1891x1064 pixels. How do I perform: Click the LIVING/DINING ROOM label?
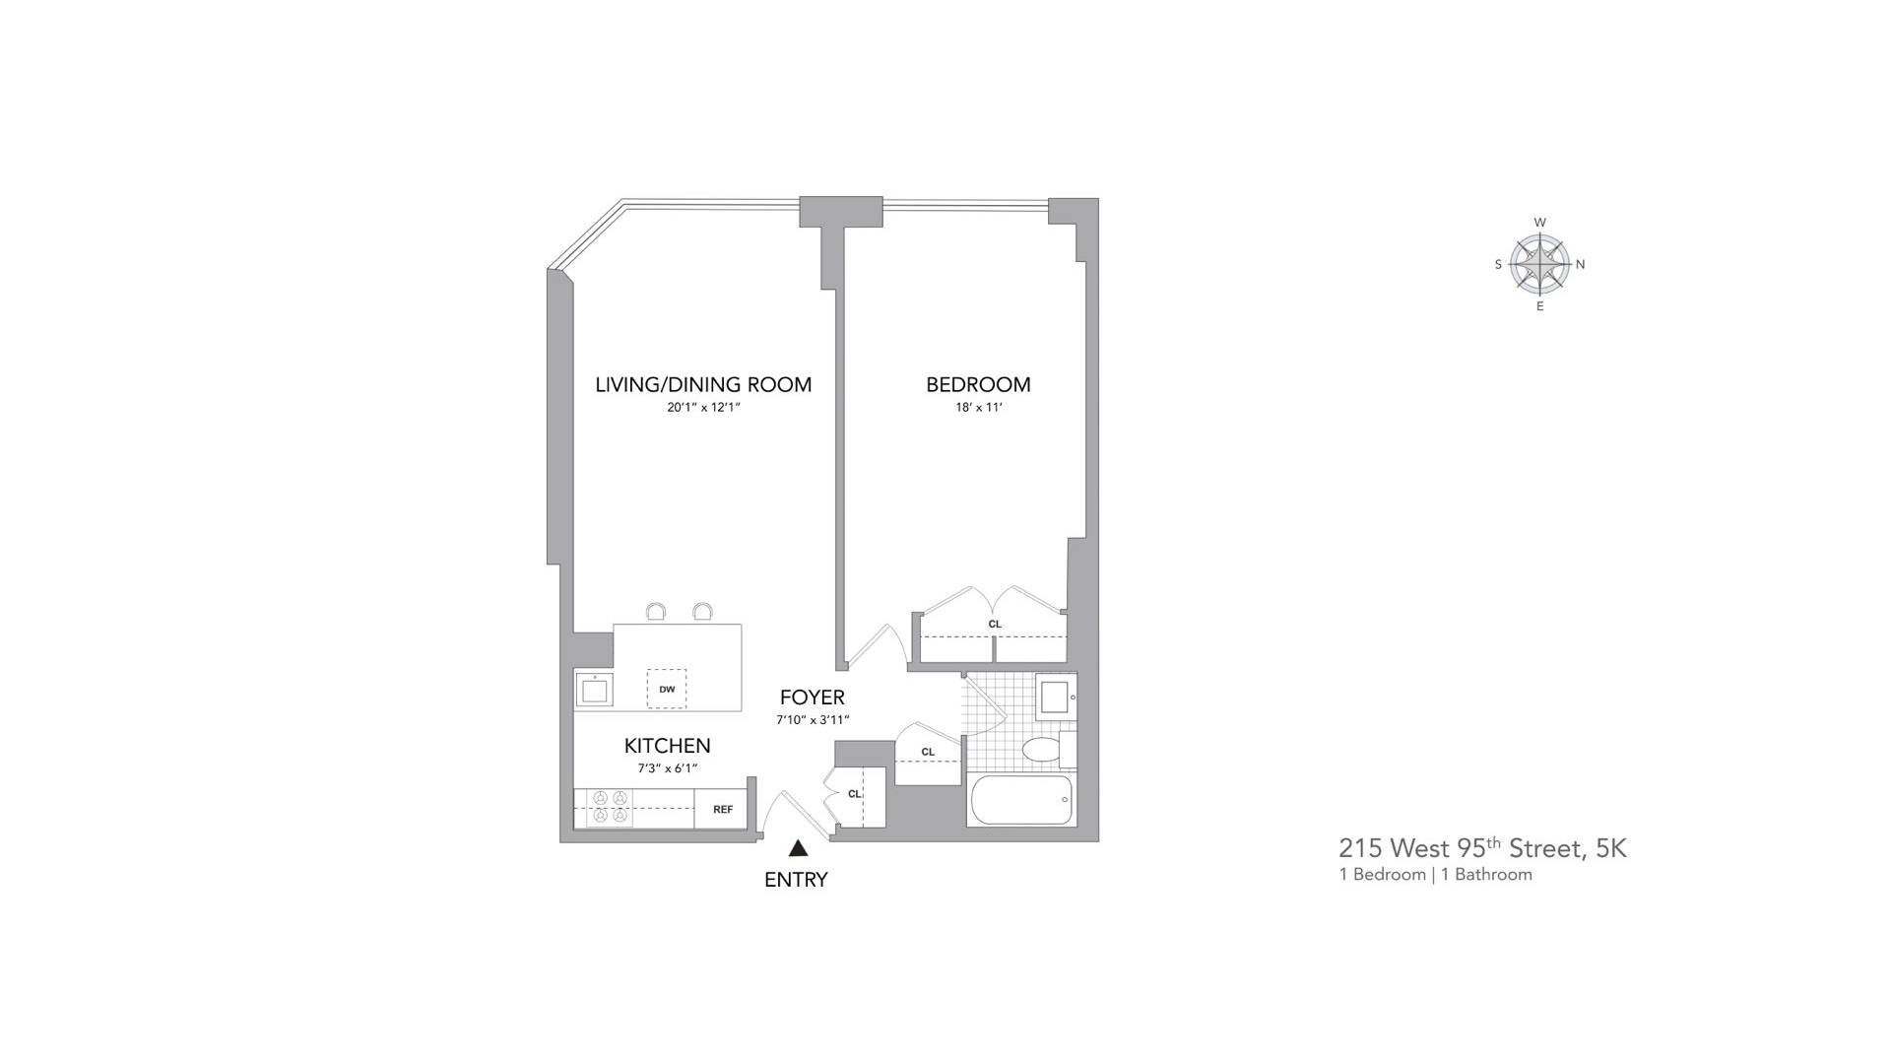pos(703,385)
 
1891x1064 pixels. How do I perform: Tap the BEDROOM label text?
pos(978,385)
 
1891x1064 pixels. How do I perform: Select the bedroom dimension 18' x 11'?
pos(978,407)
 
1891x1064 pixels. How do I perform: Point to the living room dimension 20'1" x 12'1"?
pos(703,407)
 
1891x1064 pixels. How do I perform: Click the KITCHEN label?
pos(667,746)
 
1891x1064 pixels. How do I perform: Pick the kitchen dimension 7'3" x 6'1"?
pos(667,768)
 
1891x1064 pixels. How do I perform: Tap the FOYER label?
pos(813,698)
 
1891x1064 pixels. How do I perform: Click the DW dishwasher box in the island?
pos(667,689)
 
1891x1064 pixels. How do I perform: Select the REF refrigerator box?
pos(722,809)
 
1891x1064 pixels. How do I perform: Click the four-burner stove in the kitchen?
pos(609,807)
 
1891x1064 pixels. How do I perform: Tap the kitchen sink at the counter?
pos(594,690)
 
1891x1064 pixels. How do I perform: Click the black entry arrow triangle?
pos(798,848)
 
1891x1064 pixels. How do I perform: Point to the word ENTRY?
pos(796,880)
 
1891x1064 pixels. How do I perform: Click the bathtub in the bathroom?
pos(1020,800)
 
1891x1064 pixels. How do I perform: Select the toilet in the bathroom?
pos(1045,750)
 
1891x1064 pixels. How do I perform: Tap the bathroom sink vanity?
pos(1056,696)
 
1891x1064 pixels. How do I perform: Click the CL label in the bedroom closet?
pos(995,624)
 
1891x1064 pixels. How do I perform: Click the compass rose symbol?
pos(1539,264)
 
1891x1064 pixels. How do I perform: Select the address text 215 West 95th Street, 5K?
pos(1482,848)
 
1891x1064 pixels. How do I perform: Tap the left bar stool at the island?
pos(656,613)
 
